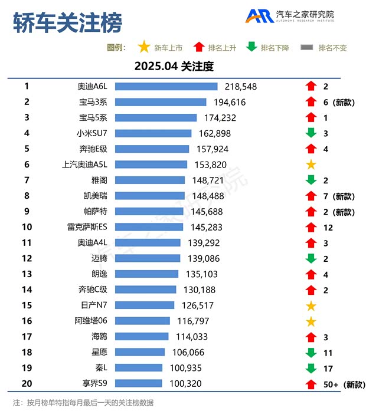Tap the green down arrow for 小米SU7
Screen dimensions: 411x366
[x=311, y=133]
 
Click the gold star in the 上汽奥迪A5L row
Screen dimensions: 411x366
[x=311, y=165]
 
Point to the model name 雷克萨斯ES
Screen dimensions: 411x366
[x=87, y=227]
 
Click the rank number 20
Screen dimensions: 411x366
[x=27, y=383]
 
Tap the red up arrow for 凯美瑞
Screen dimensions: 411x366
[x=311, y=196]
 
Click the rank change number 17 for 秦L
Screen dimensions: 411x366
[x=328, y=368]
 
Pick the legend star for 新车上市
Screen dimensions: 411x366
[x=143, y=47]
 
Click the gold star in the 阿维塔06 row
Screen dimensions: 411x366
[x=311, y=321]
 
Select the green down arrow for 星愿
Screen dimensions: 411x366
[x=311, y=353]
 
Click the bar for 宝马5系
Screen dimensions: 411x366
[x=155, y=118]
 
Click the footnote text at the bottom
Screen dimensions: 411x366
[x=83, y=403]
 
